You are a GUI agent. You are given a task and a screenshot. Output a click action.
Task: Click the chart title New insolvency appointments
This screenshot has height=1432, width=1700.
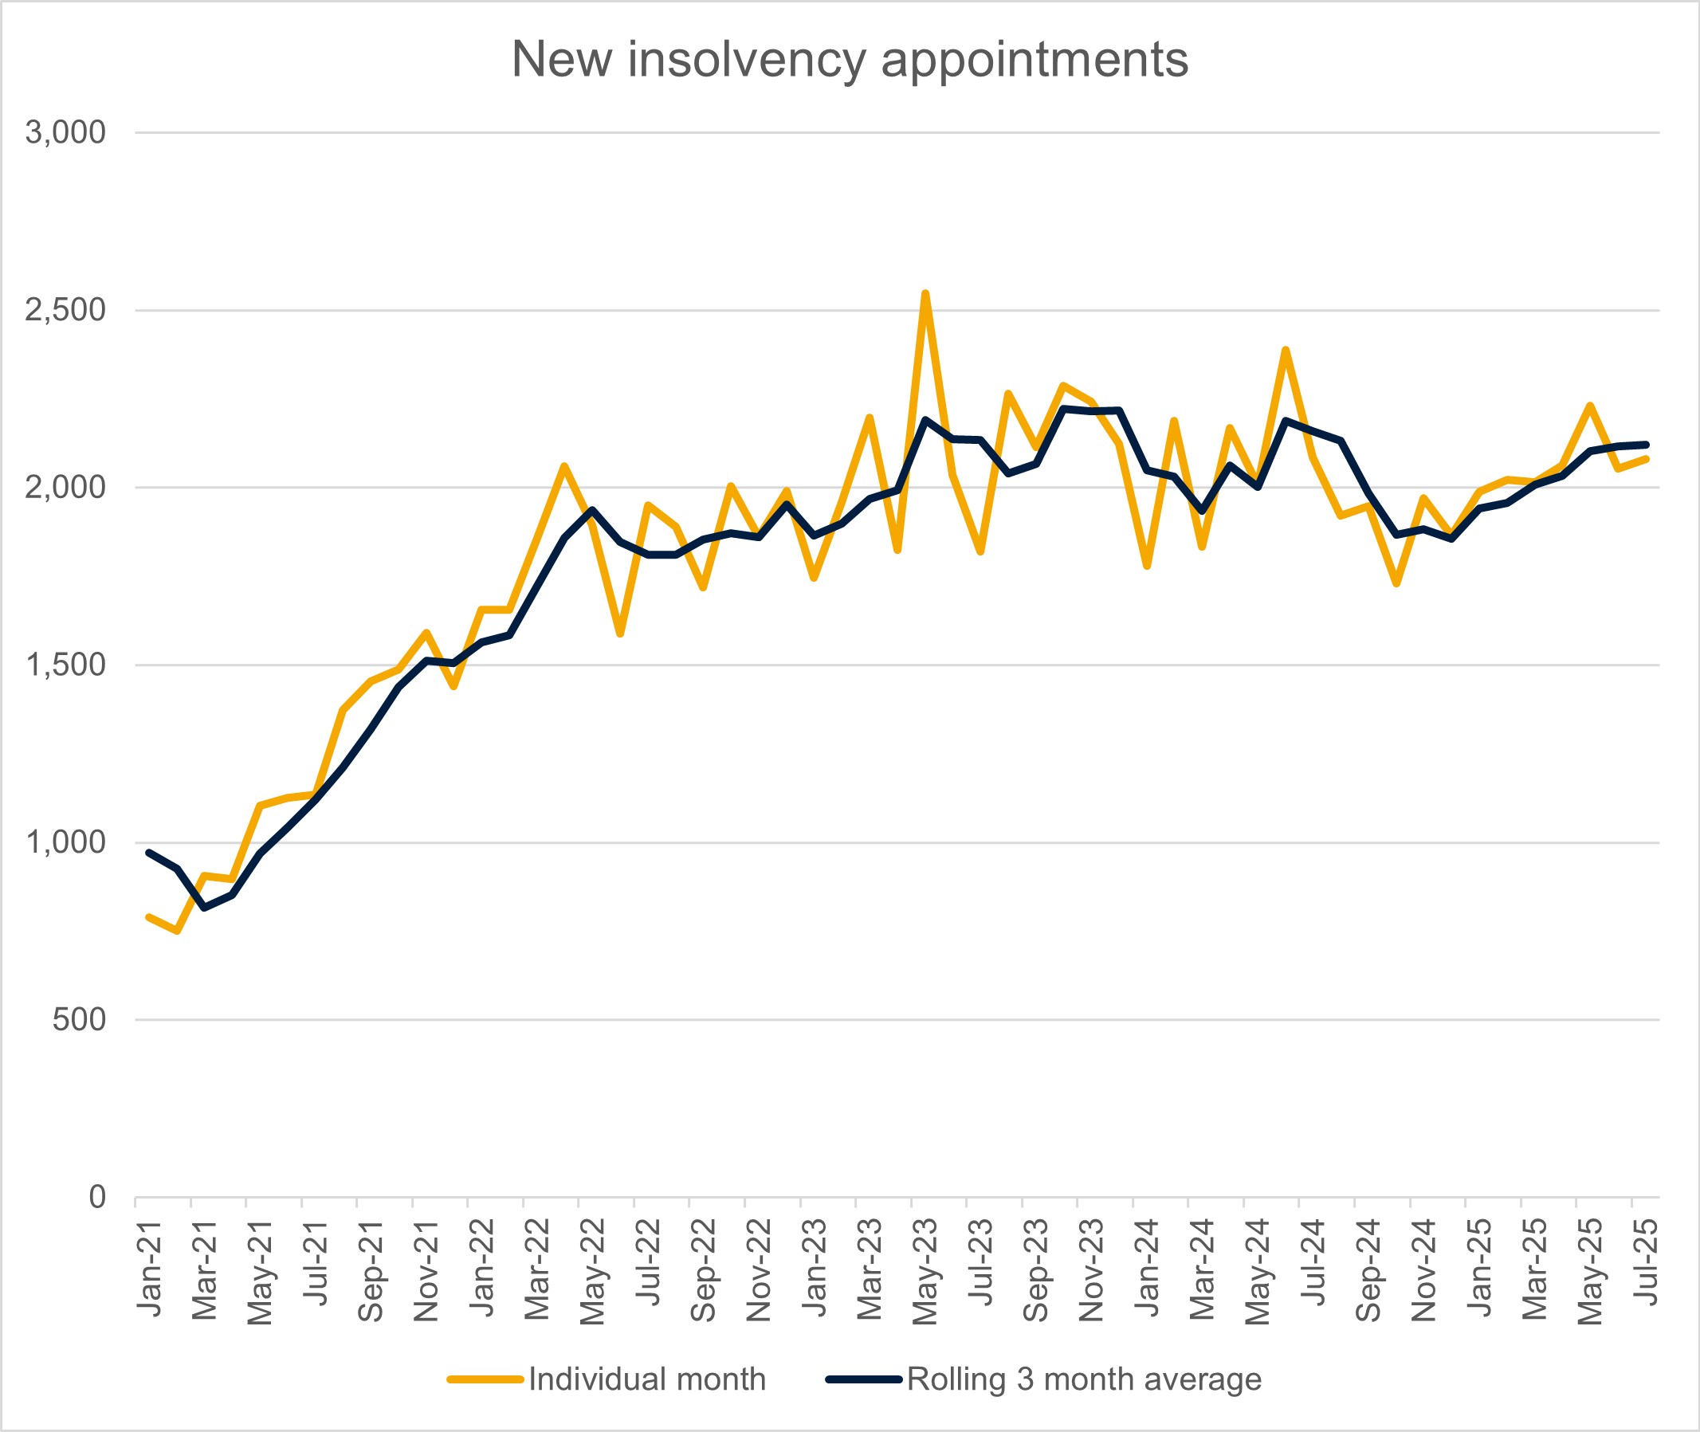(849, 59)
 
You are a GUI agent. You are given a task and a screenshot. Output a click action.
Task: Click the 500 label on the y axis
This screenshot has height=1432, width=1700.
(79, 1019)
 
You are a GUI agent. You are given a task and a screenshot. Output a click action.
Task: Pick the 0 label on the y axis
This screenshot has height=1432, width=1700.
(96, 1197)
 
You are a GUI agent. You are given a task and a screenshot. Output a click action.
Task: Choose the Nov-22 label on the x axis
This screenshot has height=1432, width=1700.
(758, 1271)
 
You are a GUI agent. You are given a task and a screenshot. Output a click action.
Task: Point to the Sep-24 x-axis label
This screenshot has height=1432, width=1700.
(1368, 1271)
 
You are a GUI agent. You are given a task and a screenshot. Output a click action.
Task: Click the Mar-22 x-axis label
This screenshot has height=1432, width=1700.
(536, 1270)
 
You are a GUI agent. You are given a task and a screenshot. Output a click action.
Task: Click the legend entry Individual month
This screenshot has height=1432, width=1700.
(646, 1379)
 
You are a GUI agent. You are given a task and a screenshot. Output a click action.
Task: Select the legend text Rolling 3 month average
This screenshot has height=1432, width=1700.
(1084, 1379)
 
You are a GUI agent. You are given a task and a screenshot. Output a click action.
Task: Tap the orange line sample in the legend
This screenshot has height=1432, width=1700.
(485, 1379)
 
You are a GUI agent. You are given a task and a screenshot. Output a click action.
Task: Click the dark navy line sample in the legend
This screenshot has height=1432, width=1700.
(863, 1379)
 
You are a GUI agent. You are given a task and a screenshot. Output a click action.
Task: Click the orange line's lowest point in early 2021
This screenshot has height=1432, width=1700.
(177, 931)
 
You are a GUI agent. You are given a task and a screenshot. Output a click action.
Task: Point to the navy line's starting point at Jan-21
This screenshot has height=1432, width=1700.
(149, 853)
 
